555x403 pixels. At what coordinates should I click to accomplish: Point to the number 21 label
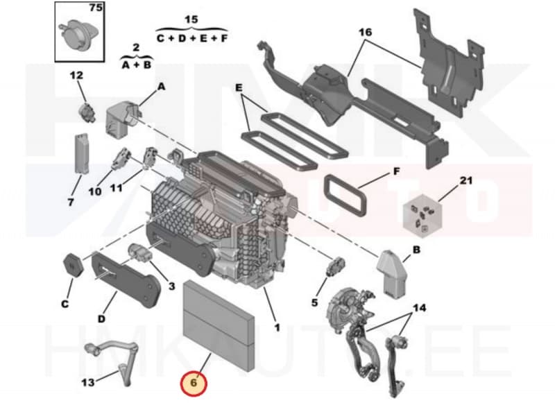tap(466, 181)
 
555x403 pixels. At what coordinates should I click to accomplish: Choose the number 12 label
tap(76, 75)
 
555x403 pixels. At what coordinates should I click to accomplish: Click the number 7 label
tap(70, 203)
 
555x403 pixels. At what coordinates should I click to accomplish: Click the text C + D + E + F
tap(191, 39)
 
